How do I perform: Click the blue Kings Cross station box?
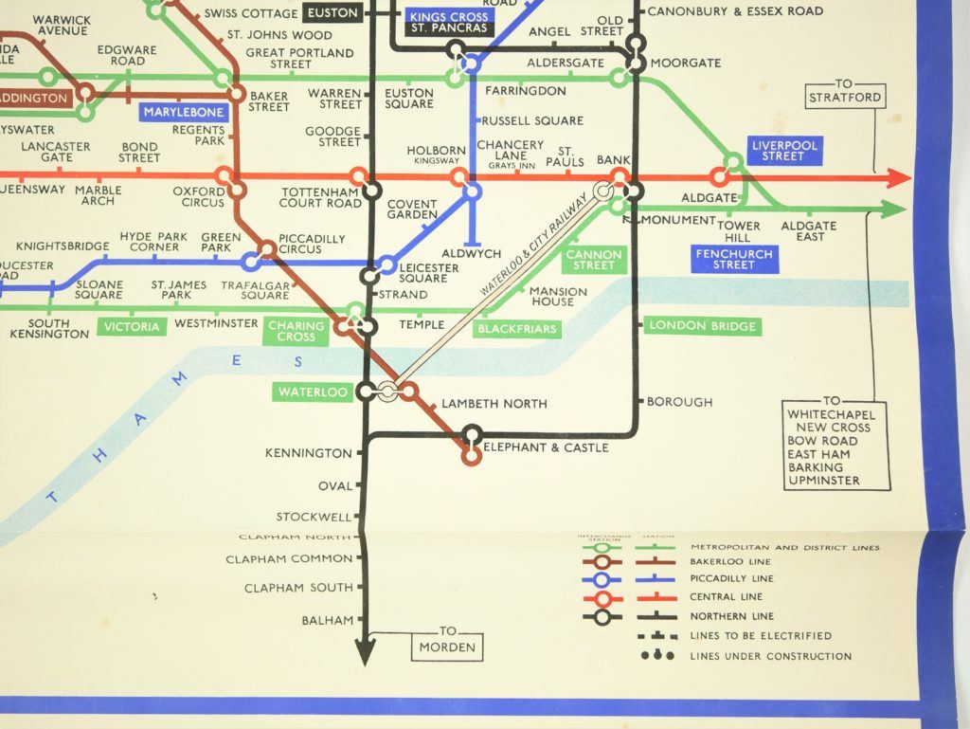click(x=448, y=17)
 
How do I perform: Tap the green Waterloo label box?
click(x=312, y=392)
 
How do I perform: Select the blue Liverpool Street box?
click(x=782, y=150)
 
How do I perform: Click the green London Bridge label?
click(x=703, y=326)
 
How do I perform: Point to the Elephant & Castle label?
click(x=546, y=447)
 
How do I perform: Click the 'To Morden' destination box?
click(x=447, y=644)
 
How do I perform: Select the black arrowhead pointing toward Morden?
click(x=365, y=651)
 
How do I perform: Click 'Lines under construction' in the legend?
click(x=770, y=656)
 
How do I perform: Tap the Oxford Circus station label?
click(x=199, y=196)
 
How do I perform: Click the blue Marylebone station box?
click(x=184, y=112)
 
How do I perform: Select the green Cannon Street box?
click(x=594, y=260)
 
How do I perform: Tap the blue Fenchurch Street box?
click(x=734, y=260)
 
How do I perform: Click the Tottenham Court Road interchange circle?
click(x=360, y=177)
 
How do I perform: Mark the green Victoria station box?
click(x=131, y=327)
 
